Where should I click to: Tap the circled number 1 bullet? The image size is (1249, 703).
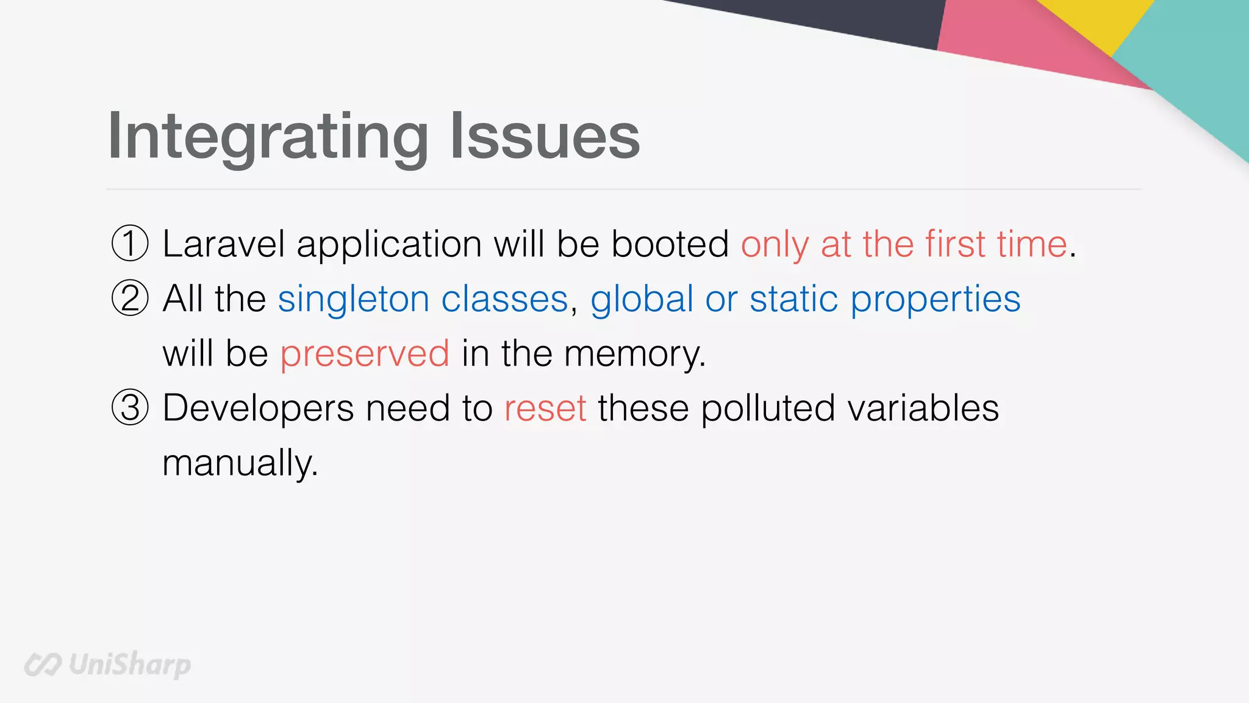[x=130, y=243]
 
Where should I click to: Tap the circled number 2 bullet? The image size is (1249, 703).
[x=130, y=298]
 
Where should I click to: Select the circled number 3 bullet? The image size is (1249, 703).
[x=130, y=408]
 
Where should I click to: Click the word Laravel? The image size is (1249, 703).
[x=223, y=244]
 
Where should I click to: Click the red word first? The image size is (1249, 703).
[x=955, y=244]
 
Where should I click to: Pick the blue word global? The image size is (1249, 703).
[x=642, y=299]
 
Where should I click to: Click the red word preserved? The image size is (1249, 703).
[x=365, y=354]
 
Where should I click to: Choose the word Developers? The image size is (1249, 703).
[x=258, y=408]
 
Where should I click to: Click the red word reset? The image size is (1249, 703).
[x=545, y=408]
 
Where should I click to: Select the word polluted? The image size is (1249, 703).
[x=767, y=408]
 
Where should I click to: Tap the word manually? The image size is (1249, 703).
[x=240, y=463]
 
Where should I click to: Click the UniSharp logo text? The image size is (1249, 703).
[x=129, y=664]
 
